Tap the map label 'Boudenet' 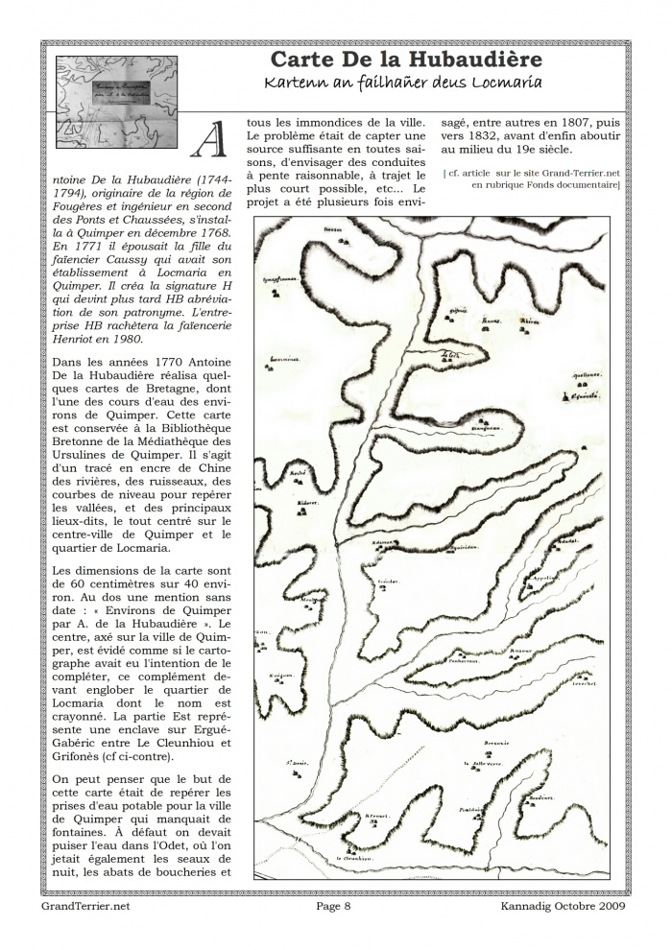coord(542,797)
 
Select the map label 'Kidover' coord(306,504)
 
